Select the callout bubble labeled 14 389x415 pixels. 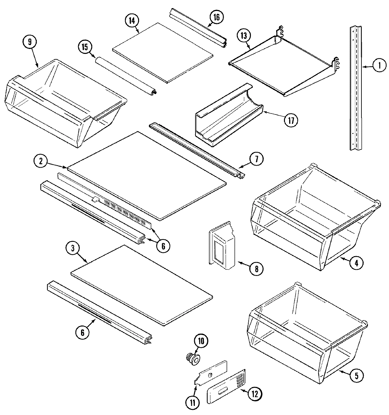(132, 20)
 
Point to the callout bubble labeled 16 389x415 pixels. (216, 17)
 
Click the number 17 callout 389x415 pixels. (290, 121)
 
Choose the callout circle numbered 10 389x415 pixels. (201, 341)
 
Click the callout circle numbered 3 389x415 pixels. (73, 249)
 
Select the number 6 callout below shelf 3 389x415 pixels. (82, 333)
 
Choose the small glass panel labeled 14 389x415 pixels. (162, 52)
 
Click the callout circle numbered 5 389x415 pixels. (356, 375)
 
